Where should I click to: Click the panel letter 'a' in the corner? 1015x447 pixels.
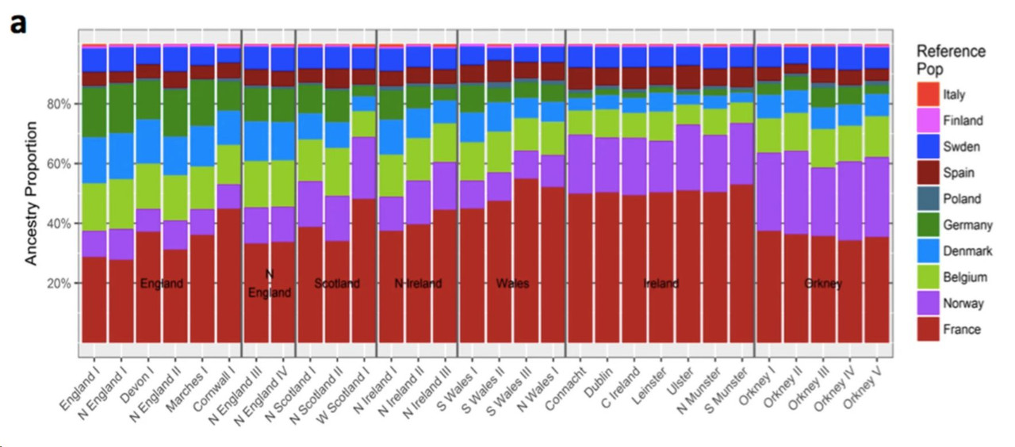pos(17,23)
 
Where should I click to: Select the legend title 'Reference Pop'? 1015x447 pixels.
pos(951,59)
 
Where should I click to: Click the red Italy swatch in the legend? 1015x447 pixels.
pos(926,95)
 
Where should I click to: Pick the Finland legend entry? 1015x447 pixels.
pos(963,121)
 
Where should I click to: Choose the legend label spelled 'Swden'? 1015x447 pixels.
pos(961,147)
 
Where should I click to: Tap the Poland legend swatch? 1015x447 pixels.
pos(926,199)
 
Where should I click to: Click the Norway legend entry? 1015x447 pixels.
pos(963,304)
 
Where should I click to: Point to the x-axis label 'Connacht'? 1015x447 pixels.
pos(566,384)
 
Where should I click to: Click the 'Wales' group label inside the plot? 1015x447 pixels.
pos(512,284)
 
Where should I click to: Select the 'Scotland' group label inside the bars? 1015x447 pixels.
pos(336,284)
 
